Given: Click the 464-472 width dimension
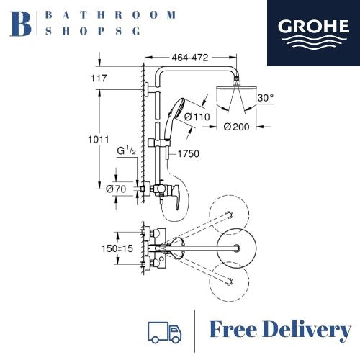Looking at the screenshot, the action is [190, 58].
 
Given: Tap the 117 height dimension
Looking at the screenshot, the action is [99, 78].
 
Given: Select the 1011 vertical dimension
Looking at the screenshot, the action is [99, 140].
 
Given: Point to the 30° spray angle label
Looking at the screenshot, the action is [266, 98].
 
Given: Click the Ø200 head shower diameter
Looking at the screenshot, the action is [236, 127].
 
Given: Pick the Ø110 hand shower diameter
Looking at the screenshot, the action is [197, 117].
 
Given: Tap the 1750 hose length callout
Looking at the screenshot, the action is [189, 153].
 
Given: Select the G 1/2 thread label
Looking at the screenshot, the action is [127, 150].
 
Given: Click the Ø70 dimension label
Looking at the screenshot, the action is [116, 189].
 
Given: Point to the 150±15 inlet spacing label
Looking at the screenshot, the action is [117, 248].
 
